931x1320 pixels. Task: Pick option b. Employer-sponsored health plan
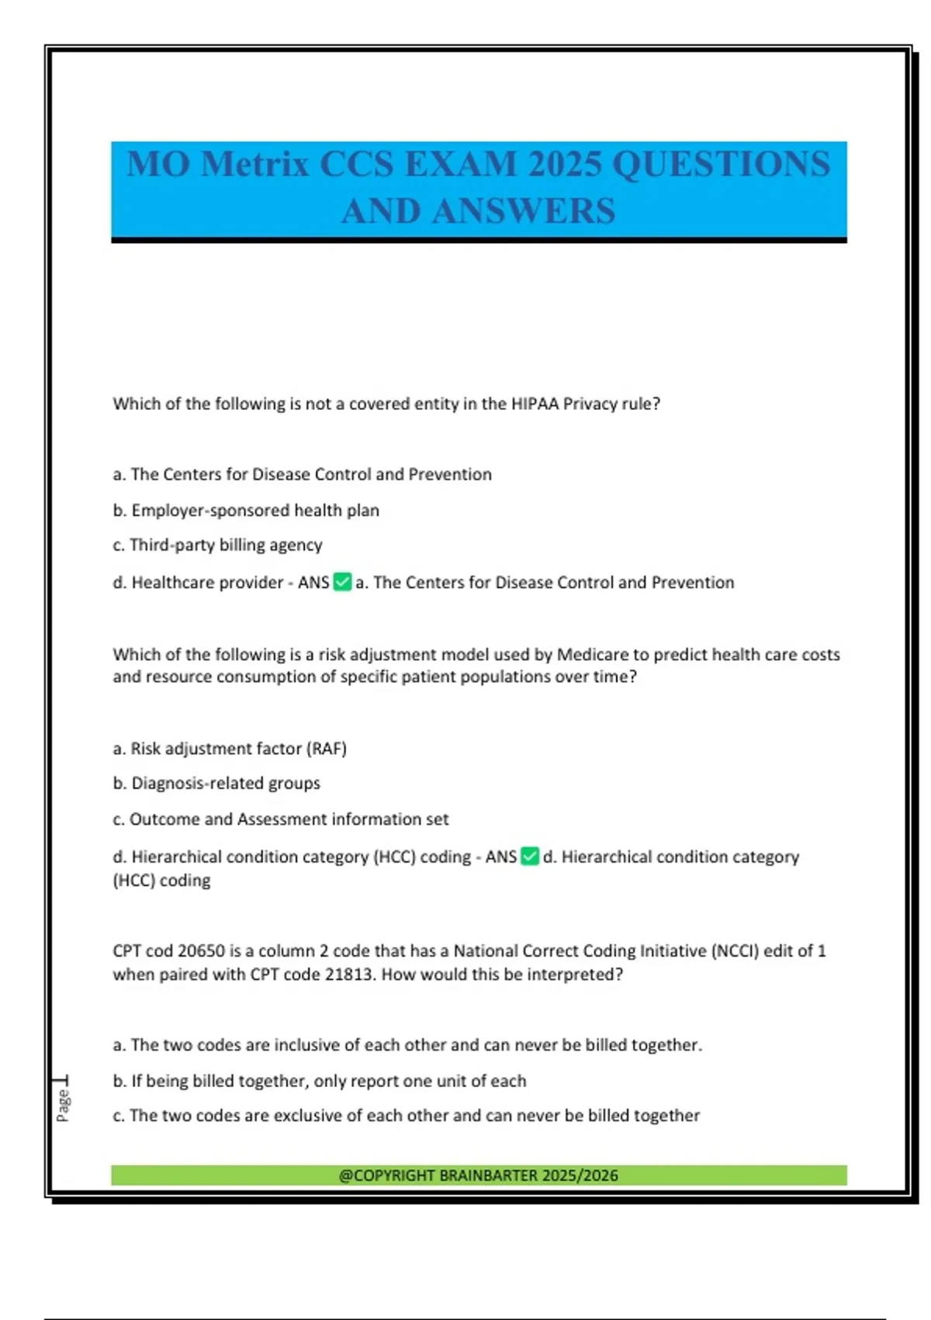pyautogui.click(x=246, y=510)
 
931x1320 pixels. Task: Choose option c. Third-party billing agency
pyautogui.click(x=217, y=545)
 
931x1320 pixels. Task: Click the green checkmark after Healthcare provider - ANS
pyautogui.click(x=342, y=582)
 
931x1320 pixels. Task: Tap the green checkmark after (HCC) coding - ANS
pyautogui.click(x=530, y=856)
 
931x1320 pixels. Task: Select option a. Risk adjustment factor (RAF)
pyautogui.click(x=230, y=749)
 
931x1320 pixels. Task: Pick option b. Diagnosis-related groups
pyautogui.click(x=216, y=783)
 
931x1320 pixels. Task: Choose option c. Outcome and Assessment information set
pyautogui.click(x=281, y=819)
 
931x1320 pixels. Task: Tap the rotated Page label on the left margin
pyautogui.click(x=63, y=1105)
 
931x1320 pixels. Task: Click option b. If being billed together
pyautogui.click(x=320, y=1081)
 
